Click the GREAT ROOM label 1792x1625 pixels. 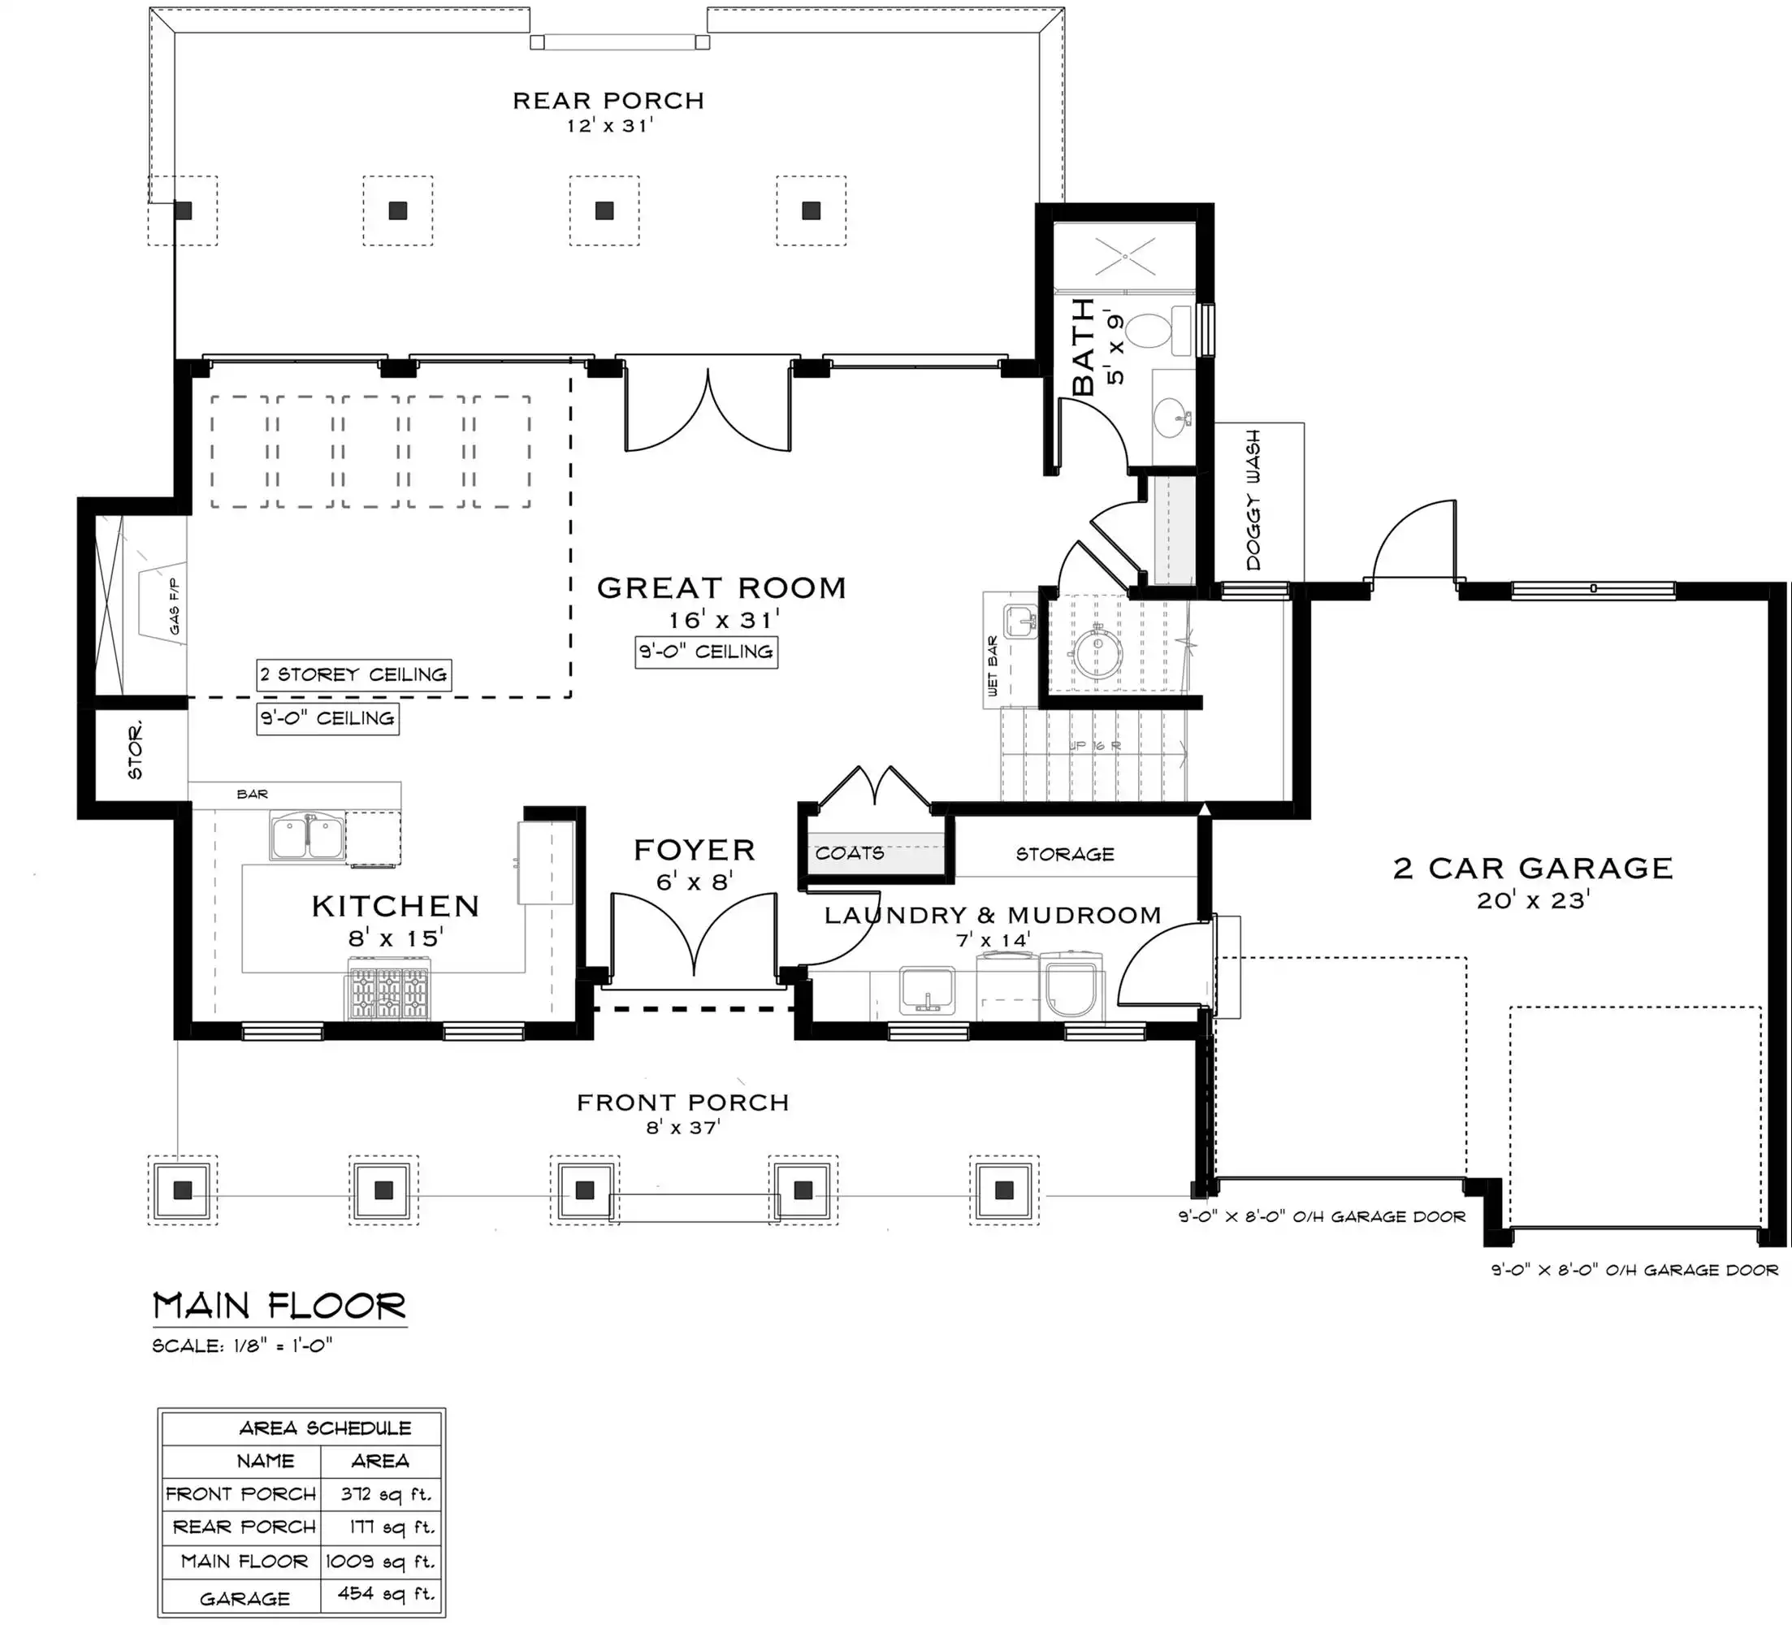click(x=721, y=587)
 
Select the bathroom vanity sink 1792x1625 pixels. click(x=1172, y=417)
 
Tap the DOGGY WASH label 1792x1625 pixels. click(x=1253, y=500)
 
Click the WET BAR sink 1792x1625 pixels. click(x=1020, y=622)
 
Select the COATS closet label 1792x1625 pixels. click(x=850, y=853)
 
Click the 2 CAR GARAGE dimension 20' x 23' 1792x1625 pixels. click(x=1532, y=900)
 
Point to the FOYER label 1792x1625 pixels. click(x=695, y=850)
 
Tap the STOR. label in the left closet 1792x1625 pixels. click(x=135, y=752)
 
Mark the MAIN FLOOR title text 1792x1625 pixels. click(x=280, y=1306)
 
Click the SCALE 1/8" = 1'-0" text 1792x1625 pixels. click(x=243, y=1345)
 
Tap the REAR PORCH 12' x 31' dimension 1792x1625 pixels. click(x=609, y=125)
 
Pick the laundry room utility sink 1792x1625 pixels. click(x=927, y=991)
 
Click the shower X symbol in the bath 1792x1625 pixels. click(x=1124, y=256)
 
